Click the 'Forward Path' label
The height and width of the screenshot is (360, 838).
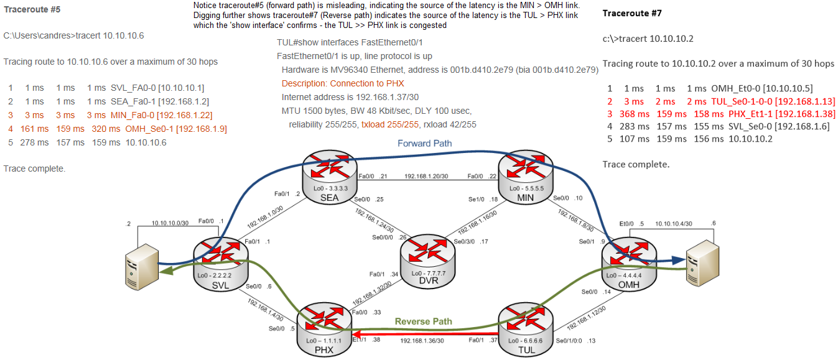click(425, 144)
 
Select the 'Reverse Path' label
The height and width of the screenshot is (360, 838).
click(423, 321)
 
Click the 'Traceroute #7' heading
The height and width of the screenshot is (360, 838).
click(631, 13)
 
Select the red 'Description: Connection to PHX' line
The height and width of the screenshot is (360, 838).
click(343, 83)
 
